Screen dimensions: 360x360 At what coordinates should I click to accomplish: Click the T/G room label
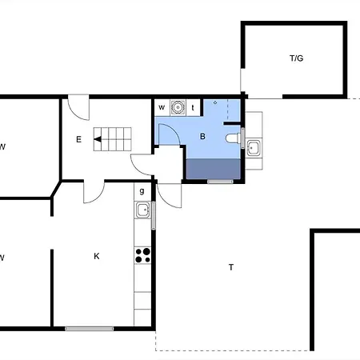[x=296, y=58]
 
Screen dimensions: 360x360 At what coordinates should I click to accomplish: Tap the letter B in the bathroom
[x=202, y=137]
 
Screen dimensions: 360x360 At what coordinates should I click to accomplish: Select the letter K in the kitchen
[x=97, y=256]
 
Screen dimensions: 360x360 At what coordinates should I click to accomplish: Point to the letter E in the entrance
[x=78, y=139]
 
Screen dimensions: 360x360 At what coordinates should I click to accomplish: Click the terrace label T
[x=231, y=267]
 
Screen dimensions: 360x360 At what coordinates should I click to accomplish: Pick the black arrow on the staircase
[x=98, y=139]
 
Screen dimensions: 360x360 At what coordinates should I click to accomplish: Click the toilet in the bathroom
[x=234, y=138]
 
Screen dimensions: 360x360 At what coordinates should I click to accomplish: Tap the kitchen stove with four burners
[x=142, y=255]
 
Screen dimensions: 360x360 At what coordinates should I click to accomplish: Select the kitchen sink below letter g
[x=142, y=210]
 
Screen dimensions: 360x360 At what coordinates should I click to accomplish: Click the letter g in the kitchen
[x=142, y=191]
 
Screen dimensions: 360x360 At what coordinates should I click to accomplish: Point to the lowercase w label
[x=162, y=107]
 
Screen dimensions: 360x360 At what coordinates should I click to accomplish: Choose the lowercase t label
[x=193, y=108]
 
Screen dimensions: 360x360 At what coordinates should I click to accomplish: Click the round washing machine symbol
[x=178, y=107]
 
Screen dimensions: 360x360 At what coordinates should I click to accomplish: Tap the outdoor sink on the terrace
[x=253, y=148]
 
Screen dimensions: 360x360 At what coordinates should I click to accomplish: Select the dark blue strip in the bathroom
[x=214, y=169]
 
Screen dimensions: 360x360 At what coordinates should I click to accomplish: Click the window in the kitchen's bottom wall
[x=90, y=329]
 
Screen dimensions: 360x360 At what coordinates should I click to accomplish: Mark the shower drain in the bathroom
[x=215, y=102]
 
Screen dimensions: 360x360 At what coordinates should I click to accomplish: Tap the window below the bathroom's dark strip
[x=220, y=182]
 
